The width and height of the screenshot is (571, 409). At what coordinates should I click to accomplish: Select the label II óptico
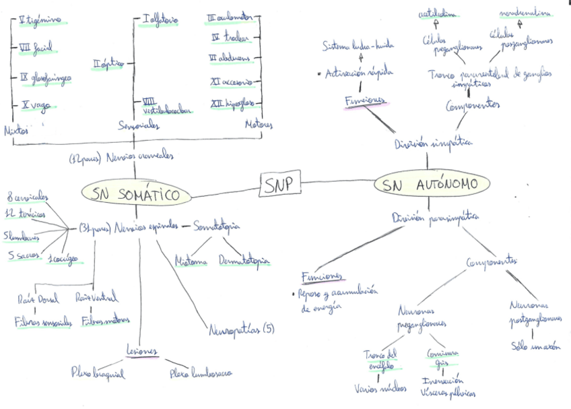(108, 64)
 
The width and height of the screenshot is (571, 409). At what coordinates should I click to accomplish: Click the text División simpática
(433, 143)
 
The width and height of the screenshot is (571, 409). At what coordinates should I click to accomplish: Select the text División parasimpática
(435, 217)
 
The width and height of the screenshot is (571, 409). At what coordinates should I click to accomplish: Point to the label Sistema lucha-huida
(358, 46)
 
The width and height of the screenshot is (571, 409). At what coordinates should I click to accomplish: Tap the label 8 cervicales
(27, 197)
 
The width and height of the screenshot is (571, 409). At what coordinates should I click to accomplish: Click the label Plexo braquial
(98, 372)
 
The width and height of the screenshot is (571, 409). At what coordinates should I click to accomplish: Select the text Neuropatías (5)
(241, 329)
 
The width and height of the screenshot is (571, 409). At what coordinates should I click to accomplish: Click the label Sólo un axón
(537, 348)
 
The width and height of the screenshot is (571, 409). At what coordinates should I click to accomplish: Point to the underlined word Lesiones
(141, 351)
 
